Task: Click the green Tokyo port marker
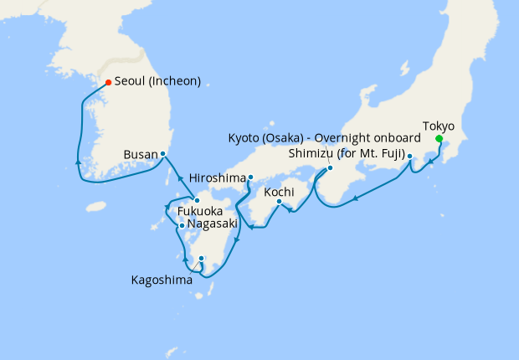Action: pos(439,140)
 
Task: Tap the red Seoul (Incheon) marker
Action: pos(108,82)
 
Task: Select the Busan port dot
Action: pos(162,154)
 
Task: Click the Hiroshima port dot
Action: pos(250,177)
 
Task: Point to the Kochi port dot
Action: pos(279,201)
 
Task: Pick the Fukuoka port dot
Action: pos(196,200)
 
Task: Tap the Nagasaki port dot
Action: pos(181,225)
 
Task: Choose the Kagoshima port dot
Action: pos(202,258)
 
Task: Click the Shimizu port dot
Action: pos(410,156)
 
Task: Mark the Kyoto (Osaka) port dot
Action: pos(330,167)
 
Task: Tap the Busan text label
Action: pos(139,155)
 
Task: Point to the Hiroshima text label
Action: pos(218,178)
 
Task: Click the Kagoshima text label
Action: pos(161,280)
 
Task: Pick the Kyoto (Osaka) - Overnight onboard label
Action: pos(323,137)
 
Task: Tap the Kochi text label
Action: pos(279,192)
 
